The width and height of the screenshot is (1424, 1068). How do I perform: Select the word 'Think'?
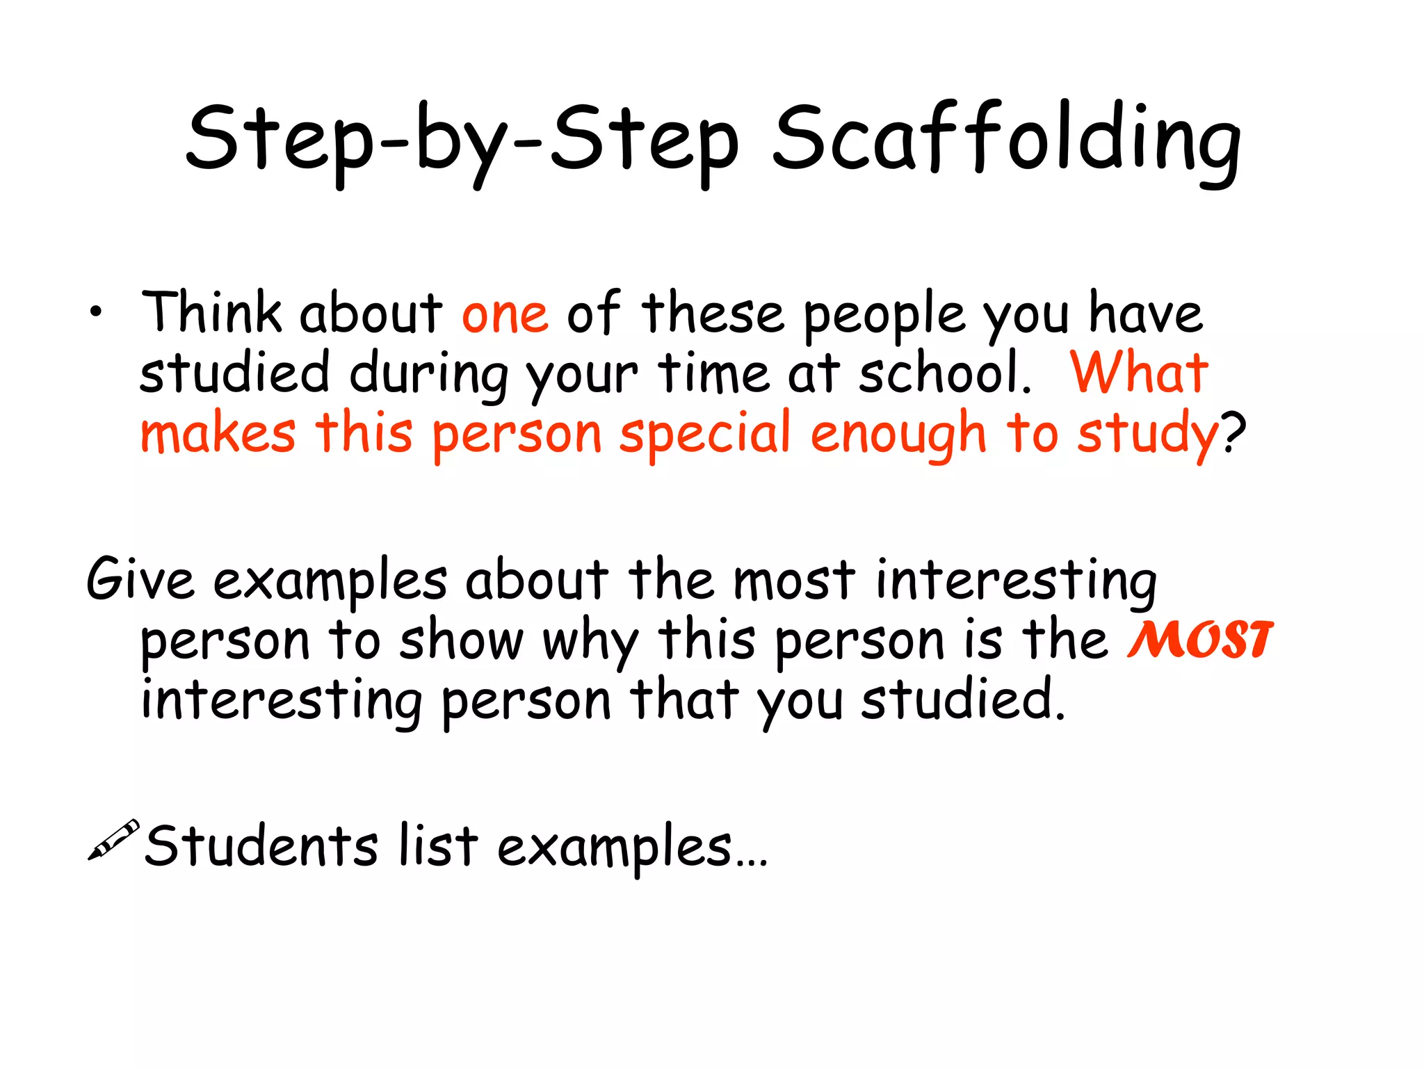pos(211,313)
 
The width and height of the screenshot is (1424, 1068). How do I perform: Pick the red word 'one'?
pos(505,315)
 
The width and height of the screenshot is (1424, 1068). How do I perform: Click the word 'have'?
pos(1145,313)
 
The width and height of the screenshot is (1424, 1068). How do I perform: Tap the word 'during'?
pos(429,375)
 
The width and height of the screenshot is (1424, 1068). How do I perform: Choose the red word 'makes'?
pos(218,435)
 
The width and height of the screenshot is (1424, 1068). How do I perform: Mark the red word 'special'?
pos(705,435)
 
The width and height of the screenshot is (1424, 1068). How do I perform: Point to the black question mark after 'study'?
pos(1233,432)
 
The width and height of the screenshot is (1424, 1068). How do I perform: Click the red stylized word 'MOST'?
pos(1200,640)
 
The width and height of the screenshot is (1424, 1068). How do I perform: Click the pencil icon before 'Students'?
pos(113,840)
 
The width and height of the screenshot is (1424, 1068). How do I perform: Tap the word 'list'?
pos(438,845)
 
